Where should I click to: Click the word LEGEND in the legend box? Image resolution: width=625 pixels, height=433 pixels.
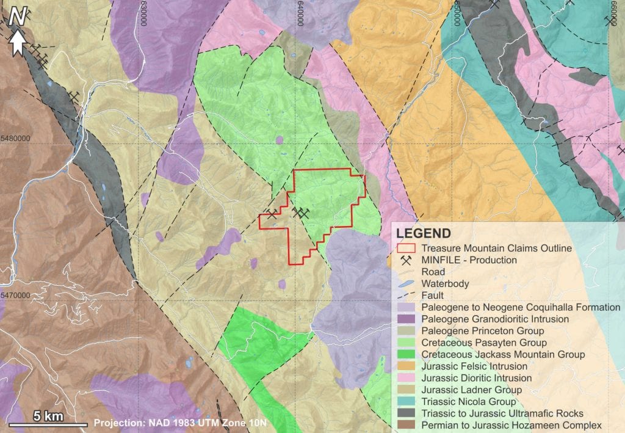click(424, 233)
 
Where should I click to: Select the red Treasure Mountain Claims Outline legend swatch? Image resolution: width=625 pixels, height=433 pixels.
click(406, 249)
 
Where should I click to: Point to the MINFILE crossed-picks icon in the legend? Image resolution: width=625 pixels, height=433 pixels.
click(406, 260)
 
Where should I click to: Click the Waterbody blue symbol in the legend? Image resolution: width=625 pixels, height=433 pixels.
click(406, 283)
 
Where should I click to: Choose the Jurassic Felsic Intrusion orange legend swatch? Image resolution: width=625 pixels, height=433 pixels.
click(406, 366)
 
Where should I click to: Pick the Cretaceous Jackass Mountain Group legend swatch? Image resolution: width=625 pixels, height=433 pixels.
click(406, 354)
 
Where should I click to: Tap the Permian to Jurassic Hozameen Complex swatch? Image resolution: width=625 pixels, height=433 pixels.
click(406, 425)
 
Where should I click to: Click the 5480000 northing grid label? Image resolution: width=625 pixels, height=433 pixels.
click(15, 139)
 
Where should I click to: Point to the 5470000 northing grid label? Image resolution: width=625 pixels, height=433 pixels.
click(15, 296)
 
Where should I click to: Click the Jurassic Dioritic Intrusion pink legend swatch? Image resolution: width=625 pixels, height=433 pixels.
click(406, 378)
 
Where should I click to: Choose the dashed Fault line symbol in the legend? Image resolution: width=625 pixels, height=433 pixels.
click(406, 295)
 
